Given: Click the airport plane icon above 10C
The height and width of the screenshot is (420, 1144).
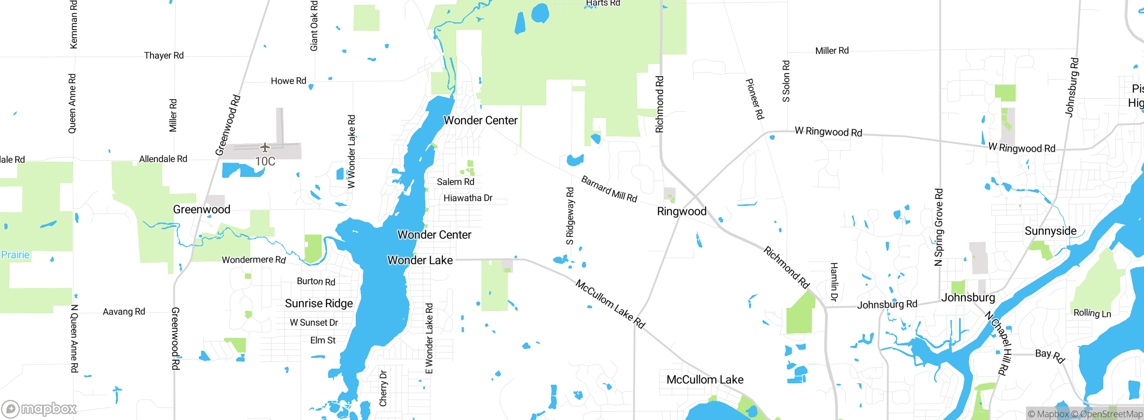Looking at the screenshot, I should (265, 147).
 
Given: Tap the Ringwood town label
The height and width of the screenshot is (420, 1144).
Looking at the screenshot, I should (681, 211).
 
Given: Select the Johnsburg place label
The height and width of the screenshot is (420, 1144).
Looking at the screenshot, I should (968, 298).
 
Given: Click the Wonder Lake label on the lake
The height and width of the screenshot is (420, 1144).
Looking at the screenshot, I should (420, 260).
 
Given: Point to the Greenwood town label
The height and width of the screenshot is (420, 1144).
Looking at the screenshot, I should (202, 209).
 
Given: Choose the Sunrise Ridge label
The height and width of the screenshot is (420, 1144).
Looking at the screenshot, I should (319, 303).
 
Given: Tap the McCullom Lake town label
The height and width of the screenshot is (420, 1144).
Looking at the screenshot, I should (705, 379).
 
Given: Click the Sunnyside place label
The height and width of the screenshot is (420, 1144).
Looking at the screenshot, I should (1050, 231).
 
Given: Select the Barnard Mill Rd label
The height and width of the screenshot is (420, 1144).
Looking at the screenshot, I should (609, 189).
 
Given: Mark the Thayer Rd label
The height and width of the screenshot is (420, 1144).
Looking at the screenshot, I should (164, 55).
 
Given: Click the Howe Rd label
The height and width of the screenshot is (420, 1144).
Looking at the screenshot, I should (288, 81).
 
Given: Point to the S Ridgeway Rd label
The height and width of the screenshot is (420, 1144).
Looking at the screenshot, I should (570, 216).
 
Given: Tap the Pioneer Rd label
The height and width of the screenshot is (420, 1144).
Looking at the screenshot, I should (755, 99).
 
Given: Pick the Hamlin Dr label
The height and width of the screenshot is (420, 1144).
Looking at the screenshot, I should (833, 281).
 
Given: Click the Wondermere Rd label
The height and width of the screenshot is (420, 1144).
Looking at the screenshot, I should (253, 260).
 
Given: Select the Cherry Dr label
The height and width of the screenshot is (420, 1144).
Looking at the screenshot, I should (383, 388).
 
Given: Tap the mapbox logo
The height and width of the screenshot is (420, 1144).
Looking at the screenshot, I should (39, 408).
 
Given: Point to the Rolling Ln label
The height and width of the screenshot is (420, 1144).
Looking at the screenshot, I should (1092, 313).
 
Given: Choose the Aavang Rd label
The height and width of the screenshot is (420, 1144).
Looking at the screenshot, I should (124, 311).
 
